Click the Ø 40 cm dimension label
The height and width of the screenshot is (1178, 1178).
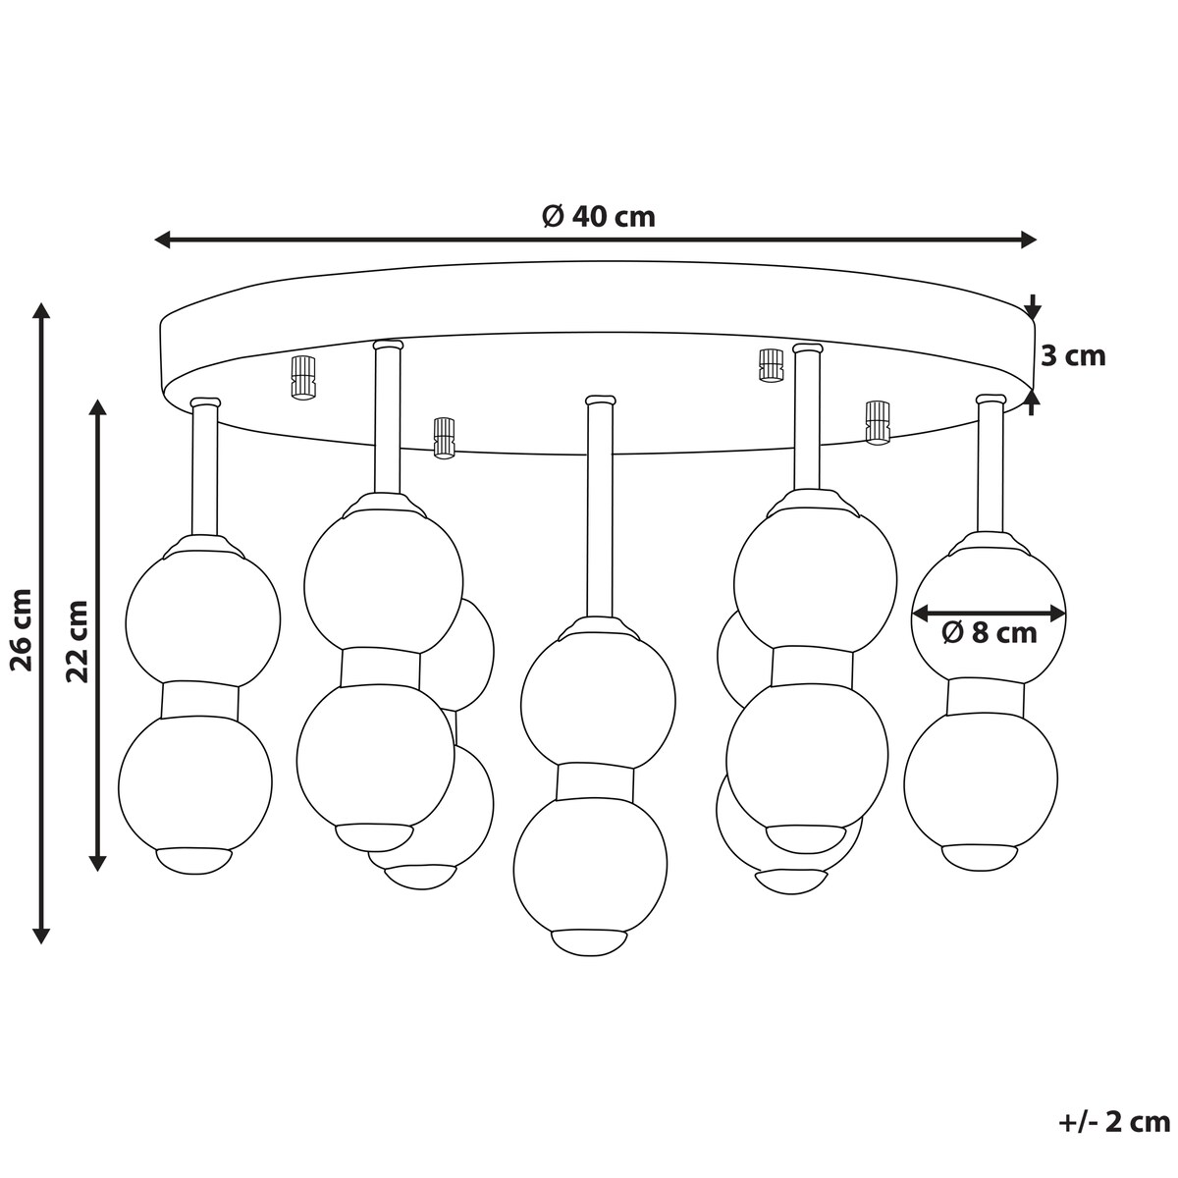(x=599, y=216)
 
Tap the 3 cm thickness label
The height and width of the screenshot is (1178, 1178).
(x=1074, y=355)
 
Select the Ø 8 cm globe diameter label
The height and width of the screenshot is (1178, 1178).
(x=989, y=633)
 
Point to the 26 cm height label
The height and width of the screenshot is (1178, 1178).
(x=23, y=629)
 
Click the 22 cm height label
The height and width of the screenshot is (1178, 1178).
(x=78, y=641)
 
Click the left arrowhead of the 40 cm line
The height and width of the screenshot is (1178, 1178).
(x=162, y=241)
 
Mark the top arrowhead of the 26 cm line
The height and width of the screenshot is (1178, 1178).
(x=41, y=310)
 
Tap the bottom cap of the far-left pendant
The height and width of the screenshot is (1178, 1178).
(x=194, y=861)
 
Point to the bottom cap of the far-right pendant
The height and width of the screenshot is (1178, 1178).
(x=980, y=857)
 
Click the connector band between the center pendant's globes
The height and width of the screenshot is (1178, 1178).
(x=594, y=781)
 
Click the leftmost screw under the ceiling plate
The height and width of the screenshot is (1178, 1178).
(x=303, y=377)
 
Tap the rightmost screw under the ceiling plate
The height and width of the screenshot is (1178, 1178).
(x=877, y=422)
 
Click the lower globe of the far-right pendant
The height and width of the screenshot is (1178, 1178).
(x=981, y=780)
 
